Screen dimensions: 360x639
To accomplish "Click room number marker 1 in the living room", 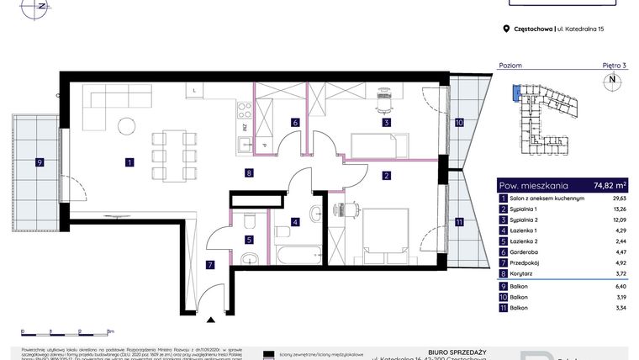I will point(129,162).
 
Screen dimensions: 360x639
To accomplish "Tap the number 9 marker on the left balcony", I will point(39,162).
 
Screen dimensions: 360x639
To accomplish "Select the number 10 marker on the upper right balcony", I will point(458,122).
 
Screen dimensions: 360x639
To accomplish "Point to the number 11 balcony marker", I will point(458,222).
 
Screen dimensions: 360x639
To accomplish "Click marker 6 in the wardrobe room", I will point(295,123).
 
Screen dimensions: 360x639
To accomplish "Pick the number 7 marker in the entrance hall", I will point(210,265).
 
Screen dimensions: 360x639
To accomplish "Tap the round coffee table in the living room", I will point(126,126).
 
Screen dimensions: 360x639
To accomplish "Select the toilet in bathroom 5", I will point(250,221).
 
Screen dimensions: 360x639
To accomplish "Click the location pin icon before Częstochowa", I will point(505,29).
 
